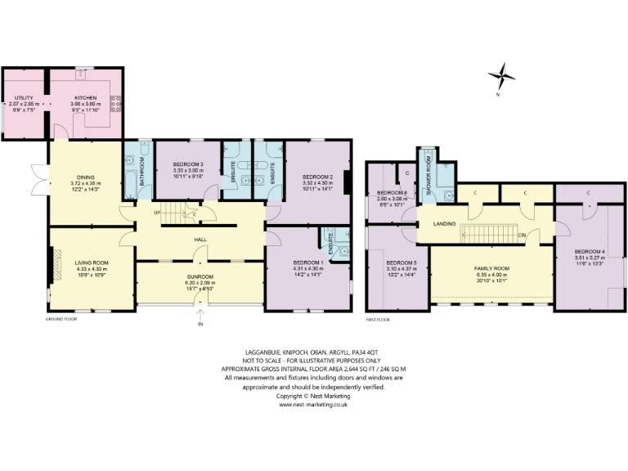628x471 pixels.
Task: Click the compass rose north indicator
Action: pos(502,78)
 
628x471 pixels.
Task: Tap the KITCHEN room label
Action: pos(86,98)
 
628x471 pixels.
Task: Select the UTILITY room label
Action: pos(23,98)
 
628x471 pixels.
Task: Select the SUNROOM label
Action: pos(200,277)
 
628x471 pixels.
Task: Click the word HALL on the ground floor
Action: pos(200,239)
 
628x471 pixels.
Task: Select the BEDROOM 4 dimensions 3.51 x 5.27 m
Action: pos(588,258)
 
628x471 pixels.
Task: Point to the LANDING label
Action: pos(444,223)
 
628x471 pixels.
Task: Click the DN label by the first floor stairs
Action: pos(520,235)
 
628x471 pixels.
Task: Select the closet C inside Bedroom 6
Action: pos(407,173)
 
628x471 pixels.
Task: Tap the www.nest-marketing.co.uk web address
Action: pos(314,404)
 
